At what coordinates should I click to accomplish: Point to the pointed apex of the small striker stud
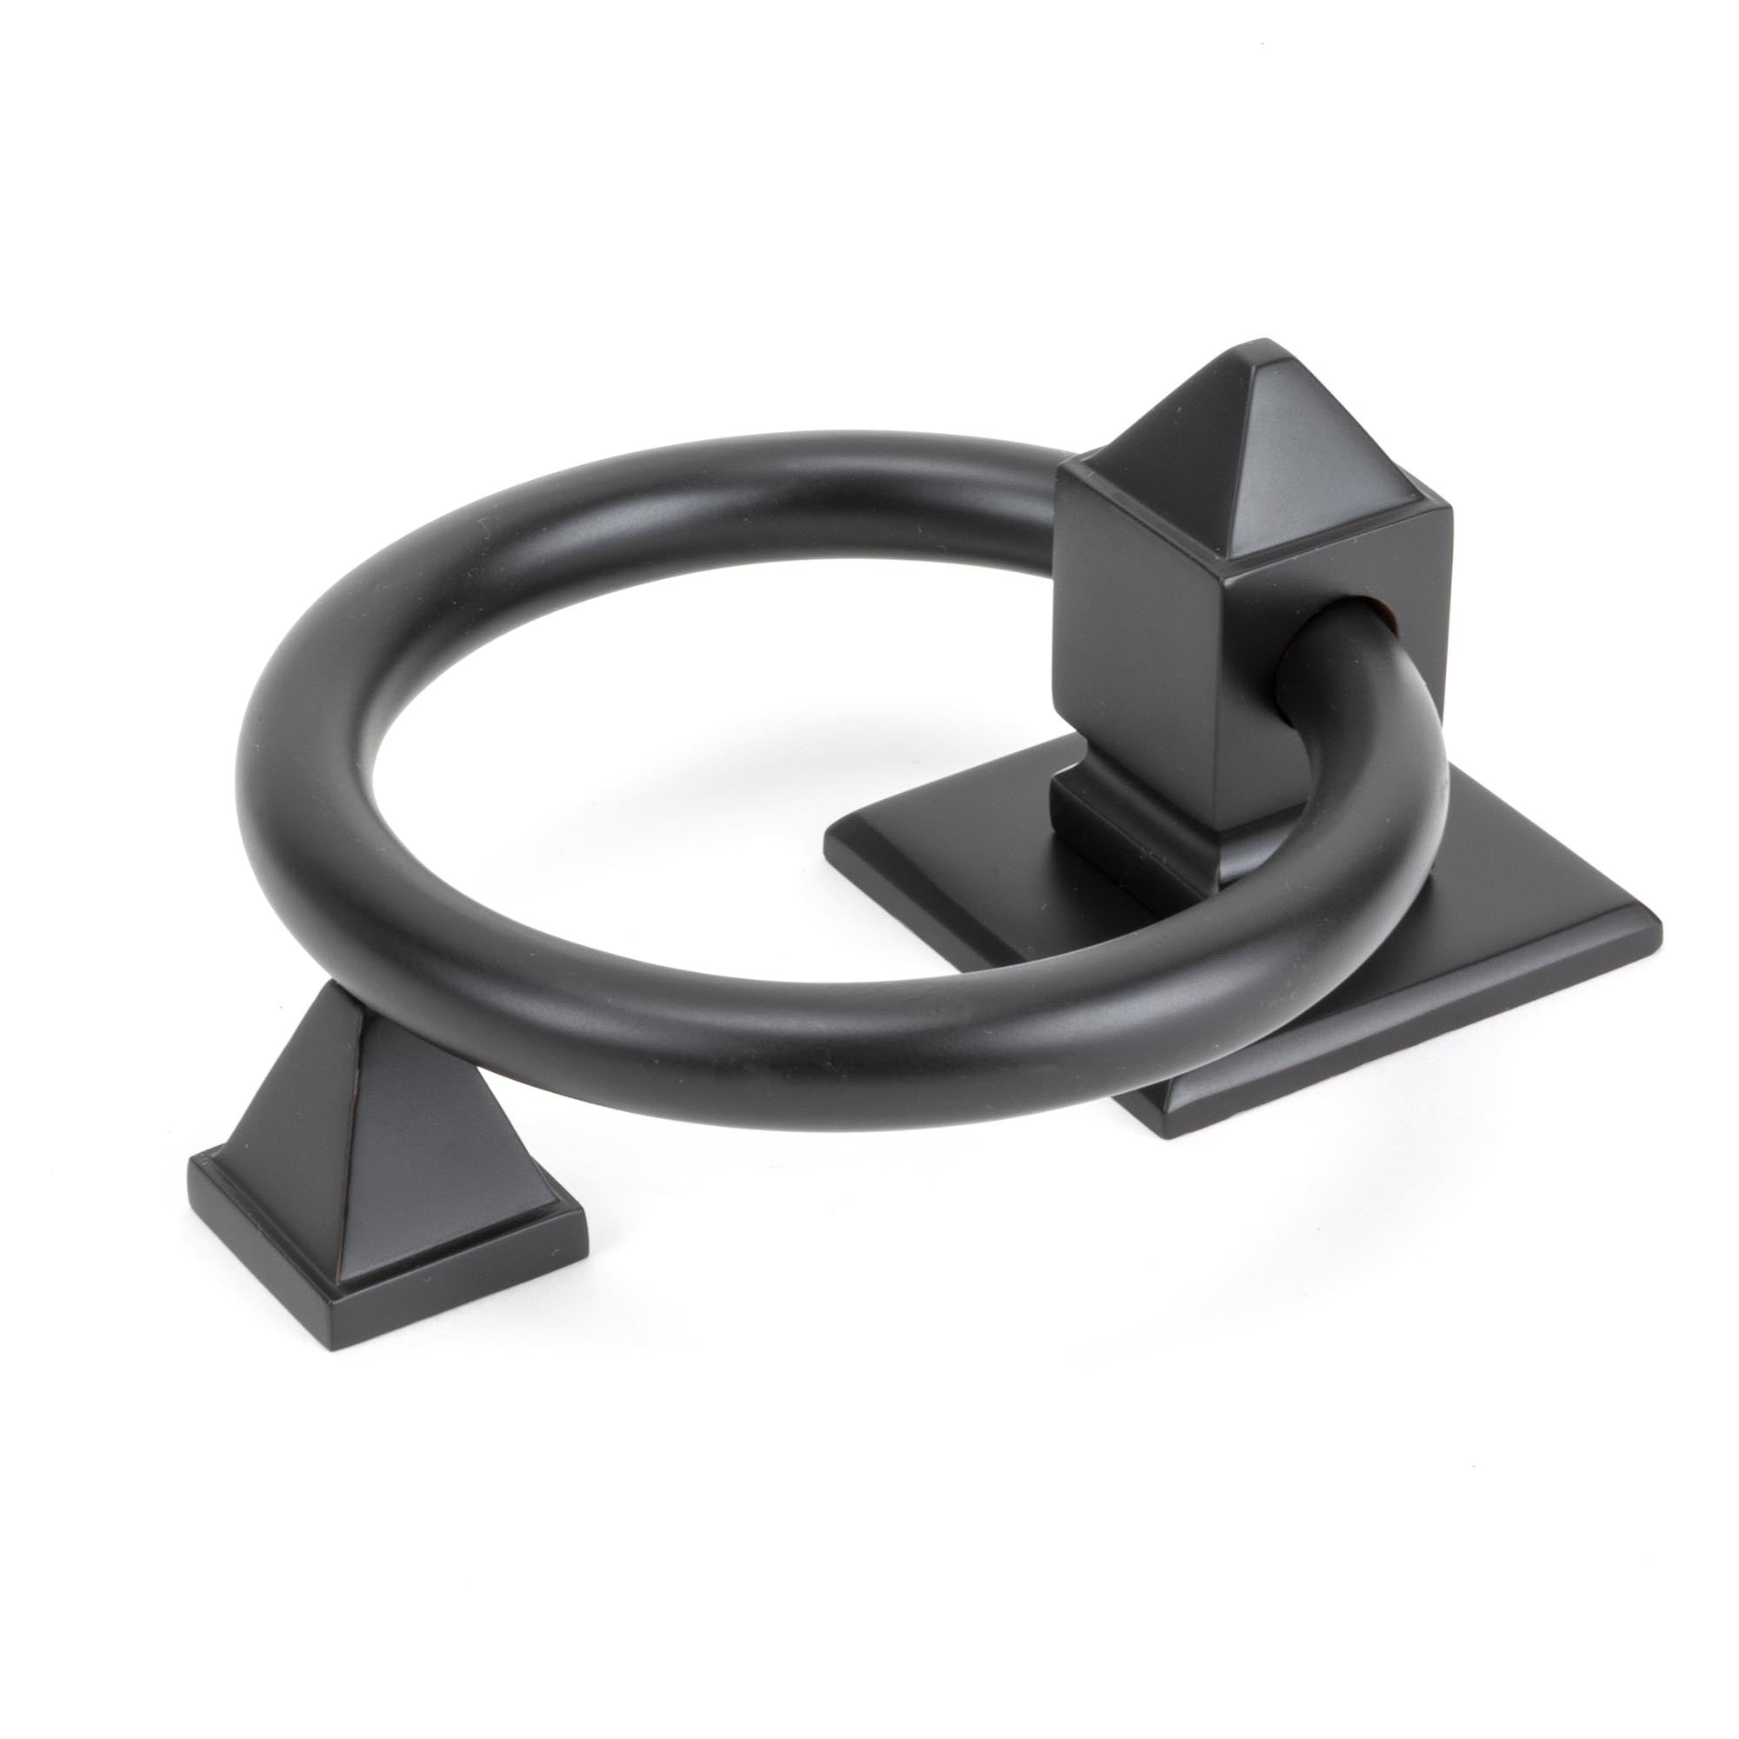coord(335,988)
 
